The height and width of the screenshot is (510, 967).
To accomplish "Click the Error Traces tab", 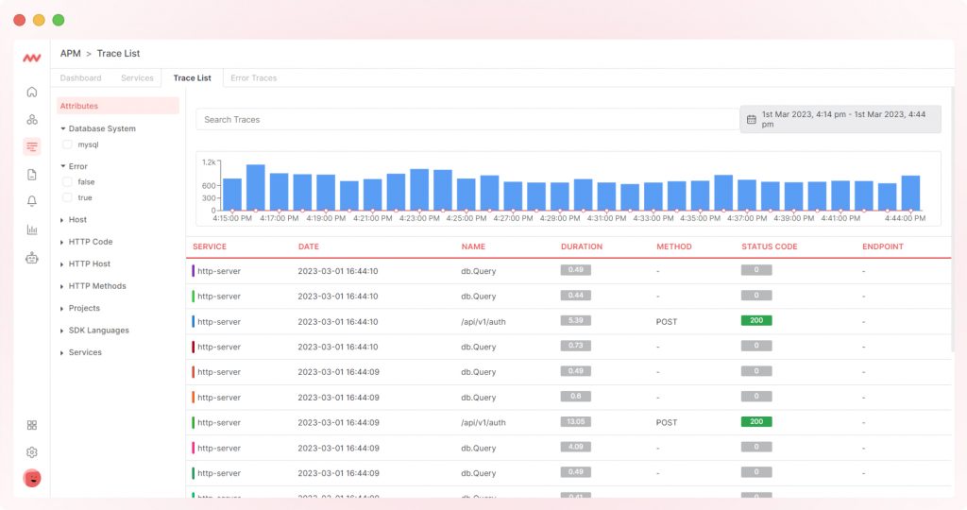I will click(253, 78).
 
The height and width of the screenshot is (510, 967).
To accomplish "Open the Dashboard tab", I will click(80, 78).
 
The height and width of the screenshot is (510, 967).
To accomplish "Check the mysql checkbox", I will click(67, 144).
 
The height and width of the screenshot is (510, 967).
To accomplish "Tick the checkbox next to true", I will click(67, 197).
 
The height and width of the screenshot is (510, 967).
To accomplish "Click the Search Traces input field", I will click(467, 120).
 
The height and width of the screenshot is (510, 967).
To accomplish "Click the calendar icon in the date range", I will click(751, 120).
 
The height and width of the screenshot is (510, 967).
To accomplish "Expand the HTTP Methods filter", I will click(96, 286).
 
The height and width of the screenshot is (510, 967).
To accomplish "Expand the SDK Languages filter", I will click(98, 331).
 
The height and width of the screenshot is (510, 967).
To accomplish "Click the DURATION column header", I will click(581, 246).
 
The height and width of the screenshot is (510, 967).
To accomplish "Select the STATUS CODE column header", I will click(769, 246).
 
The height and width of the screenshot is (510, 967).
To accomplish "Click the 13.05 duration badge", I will click(575, 422).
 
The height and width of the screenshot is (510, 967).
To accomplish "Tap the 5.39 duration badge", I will click(575, 321).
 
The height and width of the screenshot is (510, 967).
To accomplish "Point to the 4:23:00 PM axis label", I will click(418, 218).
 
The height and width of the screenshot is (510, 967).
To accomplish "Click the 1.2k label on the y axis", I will click(210, 162).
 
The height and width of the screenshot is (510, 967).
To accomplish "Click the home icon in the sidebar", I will click(32, 92).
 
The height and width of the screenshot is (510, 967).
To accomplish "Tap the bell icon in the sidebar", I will click(32, 201).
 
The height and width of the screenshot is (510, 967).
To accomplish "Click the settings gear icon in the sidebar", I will click(32, 452).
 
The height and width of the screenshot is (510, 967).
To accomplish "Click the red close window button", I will click(20, 20).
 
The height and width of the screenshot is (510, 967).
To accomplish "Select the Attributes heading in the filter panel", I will click(79, 106).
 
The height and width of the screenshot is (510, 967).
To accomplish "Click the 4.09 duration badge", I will click(575, 448).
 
